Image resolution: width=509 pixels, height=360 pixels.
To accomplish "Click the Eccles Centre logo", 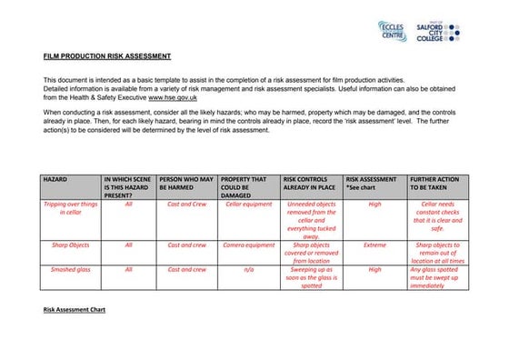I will (x=391, y=31).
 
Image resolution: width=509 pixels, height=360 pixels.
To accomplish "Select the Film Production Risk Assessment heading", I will (x=107, y=56).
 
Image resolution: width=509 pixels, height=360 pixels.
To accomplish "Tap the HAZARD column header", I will (x=55, y=180).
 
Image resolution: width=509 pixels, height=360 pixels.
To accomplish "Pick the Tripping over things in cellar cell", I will (x=71, y=209).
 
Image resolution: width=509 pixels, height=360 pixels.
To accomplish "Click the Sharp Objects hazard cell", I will (x=71, y=245).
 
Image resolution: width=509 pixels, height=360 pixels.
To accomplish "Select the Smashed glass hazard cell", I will (x=71, y=269).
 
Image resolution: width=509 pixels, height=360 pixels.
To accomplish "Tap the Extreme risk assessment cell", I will (x=374, y=245).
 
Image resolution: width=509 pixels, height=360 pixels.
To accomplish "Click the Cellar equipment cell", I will (x=248, y=205).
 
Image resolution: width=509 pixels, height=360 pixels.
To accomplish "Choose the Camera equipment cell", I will (x=248, y=245).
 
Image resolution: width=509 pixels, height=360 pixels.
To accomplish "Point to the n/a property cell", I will (x=248, y=269).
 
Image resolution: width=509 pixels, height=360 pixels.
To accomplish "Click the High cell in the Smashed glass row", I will (x=374, y=269).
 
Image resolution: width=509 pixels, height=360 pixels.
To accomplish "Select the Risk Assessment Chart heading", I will (x=75, y=310).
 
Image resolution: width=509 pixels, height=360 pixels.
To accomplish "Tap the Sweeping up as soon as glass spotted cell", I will (x=311, y=277).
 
